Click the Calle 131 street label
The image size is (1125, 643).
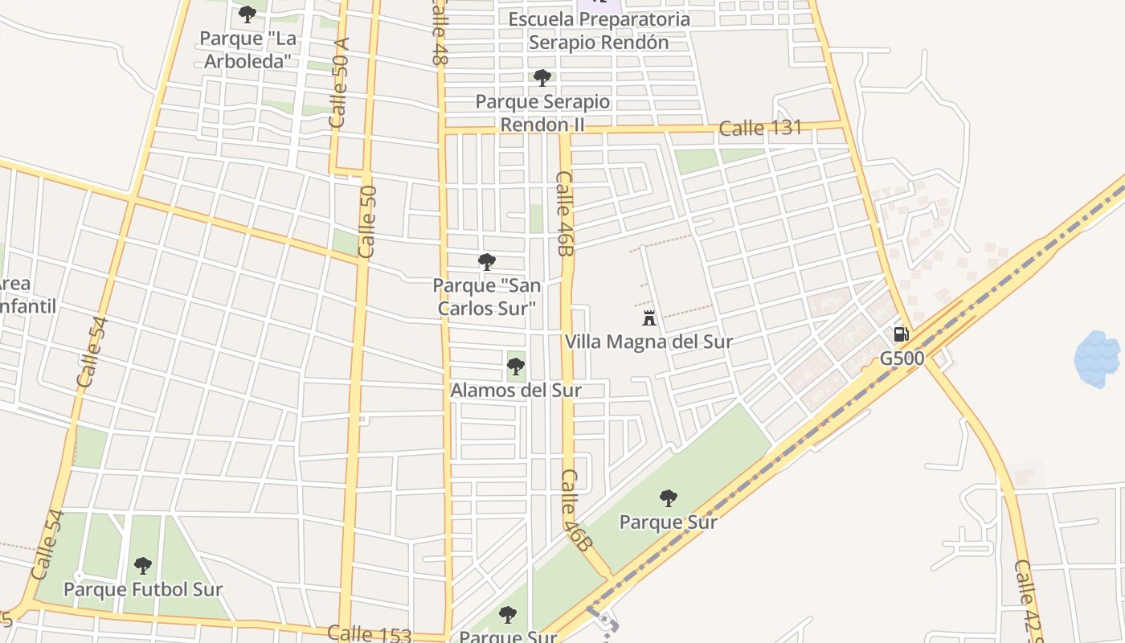pyautogui.click(x=760, y=128)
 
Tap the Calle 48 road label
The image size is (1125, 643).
pyautogui.click(x=440, y=32)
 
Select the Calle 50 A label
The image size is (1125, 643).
pyautogui.click(x=340, y=82)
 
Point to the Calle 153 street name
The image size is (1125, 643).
pyautogui.click(x=370, y=634)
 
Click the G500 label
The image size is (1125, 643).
pyautogui.click(x=902, y=358)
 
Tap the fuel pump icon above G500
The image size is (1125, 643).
pyautogui.click(x=902, y=334)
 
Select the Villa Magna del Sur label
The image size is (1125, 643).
pyautogui.click(x=648, y=342)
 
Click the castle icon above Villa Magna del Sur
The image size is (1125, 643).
pyautogui.click(x=649, y=318)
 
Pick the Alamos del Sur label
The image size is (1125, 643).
pyautogui.click(x=515, y=391)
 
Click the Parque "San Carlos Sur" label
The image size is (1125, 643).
pyautogui.click(x=487, y=297)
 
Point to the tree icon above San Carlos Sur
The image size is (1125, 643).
pyautogui.click(x=486, y=261)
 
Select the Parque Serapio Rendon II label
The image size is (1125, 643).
pyautogui.click(x=542, y=113)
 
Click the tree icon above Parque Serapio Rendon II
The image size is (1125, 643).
pyautogui.click(x=542, y=78)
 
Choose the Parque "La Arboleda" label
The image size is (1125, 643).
pyautogui.click(x=247, y=49)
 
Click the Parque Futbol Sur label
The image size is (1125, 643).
pyautogui.click(x=143, y=589)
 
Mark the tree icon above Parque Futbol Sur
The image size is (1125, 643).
pyautogui.click(x=143, y=566)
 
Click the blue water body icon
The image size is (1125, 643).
pyautogui.click(x=1097, y=359)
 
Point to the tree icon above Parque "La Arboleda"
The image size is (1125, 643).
pyautogui.click(x=247, y=14)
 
